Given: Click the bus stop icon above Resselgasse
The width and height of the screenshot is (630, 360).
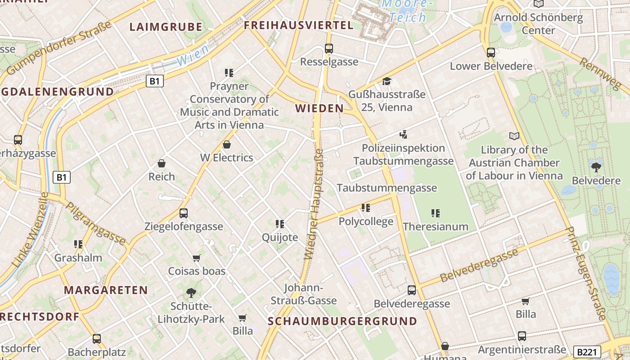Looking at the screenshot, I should [x=329, y=48].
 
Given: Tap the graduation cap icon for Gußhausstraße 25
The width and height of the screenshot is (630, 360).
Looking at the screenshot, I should [x=387, y=81].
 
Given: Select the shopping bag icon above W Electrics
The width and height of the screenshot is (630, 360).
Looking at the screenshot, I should [x=227, y=144].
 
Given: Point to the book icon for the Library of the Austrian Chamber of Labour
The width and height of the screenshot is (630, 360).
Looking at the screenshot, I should [x=514, y=136].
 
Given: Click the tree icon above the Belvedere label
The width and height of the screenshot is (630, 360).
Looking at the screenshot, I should [x=596, y=167].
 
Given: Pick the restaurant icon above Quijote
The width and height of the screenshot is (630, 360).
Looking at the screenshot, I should [x=280, y=224].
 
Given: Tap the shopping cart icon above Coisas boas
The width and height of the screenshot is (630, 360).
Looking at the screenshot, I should [x=196, y=258].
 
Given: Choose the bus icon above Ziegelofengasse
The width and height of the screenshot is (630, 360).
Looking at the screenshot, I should [x=184, y=213].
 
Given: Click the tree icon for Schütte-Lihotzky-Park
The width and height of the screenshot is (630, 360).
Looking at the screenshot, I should [x=191, y=293].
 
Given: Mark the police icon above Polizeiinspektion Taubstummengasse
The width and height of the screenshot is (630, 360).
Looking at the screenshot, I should [x=403, y=134].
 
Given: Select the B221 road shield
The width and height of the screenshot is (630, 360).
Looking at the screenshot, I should [x=587, y=351].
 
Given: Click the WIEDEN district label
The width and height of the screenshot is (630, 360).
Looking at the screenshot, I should [x=319, y=108].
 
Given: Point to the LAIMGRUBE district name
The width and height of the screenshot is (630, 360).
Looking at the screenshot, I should [x=166, y=27].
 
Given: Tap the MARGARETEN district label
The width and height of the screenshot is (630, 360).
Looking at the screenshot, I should [x=106, y=290].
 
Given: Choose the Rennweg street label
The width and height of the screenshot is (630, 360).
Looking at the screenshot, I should [x=600, y=74].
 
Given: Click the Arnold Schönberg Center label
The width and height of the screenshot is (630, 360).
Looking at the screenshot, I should [x=538, y=24].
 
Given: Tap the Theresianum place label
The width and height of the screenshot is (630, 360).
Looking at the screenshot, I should [x=436, y=226].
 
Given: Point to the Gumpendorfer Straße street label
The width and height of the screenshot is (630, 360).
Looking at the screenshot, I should [x=59, y=48].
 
